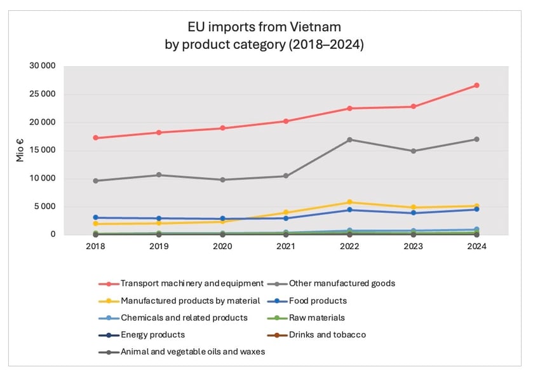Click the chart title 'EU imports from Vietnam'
270,27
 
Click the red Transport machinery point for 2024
476,85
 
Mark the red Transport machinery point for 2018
95,138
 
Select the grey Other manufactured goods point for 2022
349,140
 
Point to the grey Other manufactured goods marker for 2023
413,151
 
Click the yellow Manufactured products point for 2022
349,202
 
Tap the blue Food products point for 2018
95,217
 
